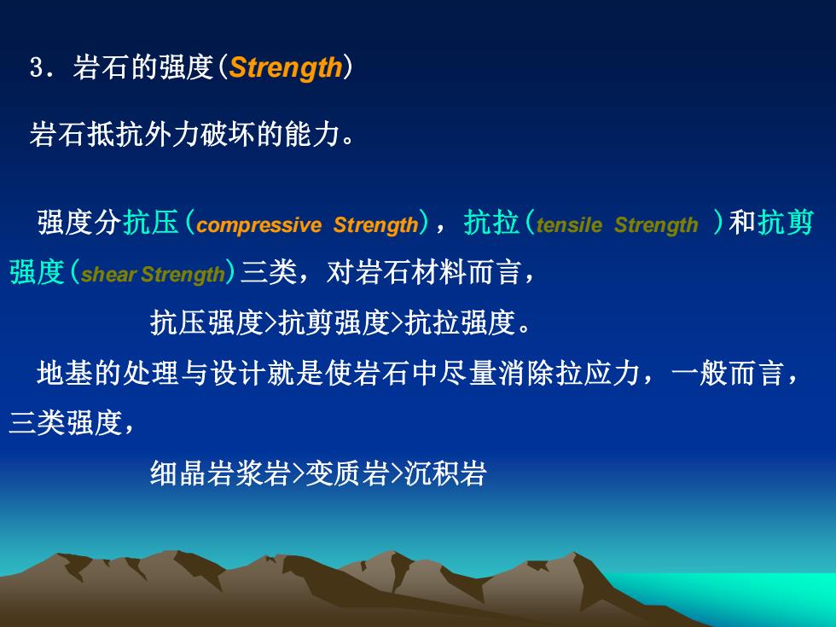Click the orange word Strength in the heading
(x=286, y=68)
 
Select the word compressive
(x=258, y=225)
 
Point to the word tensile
(x=569, y=225)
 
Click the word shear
(x=109, y=274)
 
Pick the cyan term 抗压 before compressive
(x=151, y=222)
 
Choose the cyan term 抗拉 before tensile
(x=491, y=222)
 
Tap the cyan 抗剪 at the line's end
(x=786, y=222)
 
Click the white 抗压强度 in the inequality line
(x=206, y=322)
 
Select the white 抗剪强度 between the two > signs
(x=334, y=322)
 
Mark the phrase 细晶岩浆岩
(x=220, y=473)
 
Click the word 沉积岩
(x=445, y=473)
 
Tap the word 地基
(x=65, y=373)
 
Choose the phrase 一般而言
(x=728, y=373)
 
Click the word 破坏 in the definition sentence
(x=229, y=134)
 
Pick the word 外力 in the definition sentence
(x=171, y=134)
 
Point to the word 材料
(x=440, y=272)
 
